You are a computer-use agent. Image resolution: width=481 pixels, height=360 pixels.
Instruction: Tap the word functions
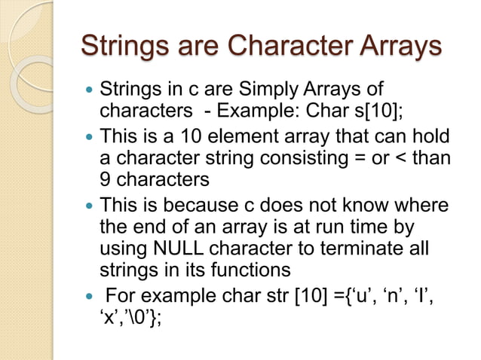pos(252,269)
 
